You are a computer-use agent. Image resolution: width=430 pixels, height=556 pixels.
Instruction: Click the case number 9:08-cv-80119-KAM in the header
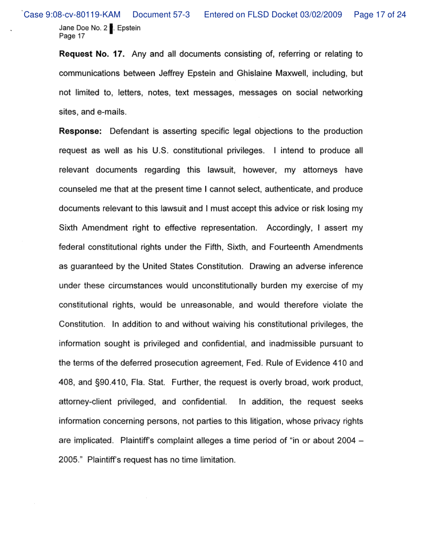73,15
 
